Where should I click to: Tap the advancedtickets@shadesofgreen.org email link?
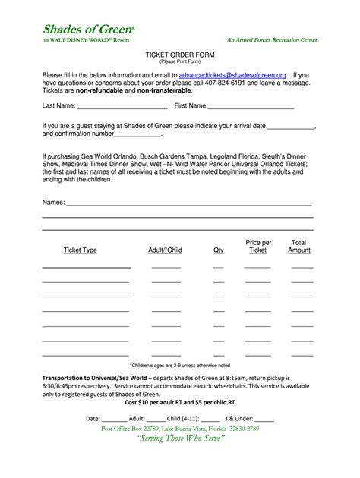pyautogui.click(x=232, y=77)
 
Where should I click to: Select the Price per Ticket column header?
pyautogui.click(x=258, y=246)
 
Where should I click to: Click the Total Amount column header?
pyautogui.click(x=299, y=246)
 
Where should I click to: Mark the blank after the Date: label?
pyautogui.click(x=114, y=418)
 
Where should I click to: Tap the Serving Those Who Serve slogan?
pyautogui.click(x=180, y=441)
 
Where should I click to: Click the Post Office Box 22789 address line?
pyautogui.click(x=180, y=429)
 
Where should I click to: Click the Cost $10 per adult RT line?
pyautogui.click(x=179, y=403)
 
